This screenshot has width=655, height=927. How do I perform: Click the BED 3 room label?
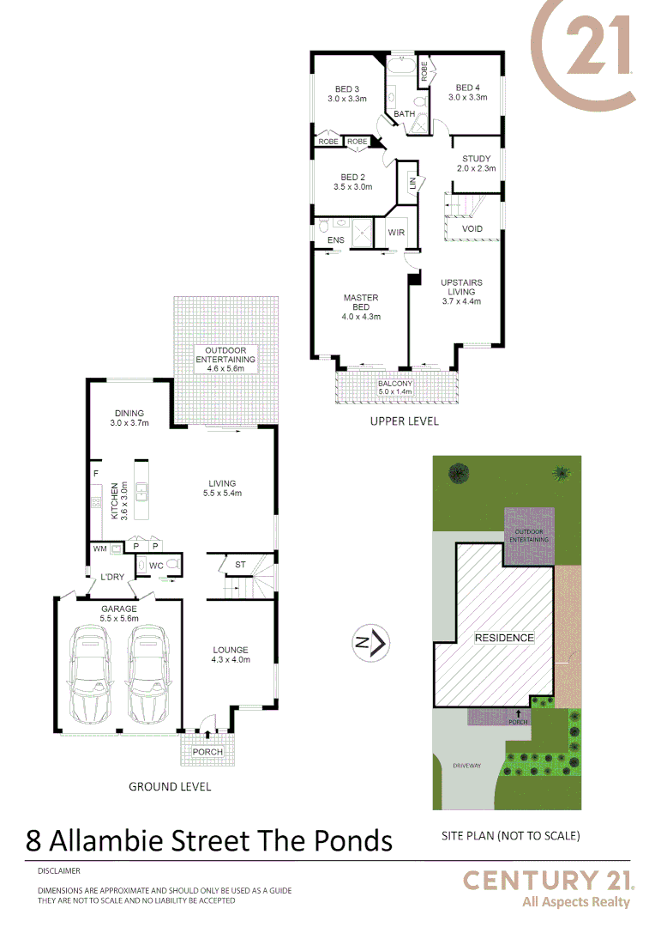tap(346, 89)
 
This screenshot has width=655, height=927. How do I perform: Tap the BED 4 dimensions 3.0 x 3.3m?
tap(467, 98)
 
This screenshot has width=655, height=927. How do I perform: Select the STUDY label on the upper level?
tap(476, 159)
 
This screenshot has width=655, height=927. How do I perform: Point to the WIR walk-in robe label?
tap(396, 233)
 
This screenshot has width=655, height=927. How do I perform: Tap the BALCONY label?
tap(395, 384)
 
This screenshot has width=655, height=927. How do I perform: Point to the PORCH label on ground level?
tap(207, 752)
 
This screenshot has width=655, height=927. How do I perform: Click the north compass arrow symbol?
tap(373, 641)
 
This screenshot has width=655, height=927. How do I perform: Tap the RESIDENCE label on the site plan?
tap(504, 638)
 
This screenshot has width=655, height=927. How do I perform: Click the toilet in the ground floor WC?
tap(172, 565)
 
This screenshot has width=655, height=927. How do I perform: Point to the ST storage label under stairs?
tap(240, 565)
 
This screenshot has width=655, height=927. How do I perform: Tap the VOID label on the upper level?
tap(472, 229)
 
